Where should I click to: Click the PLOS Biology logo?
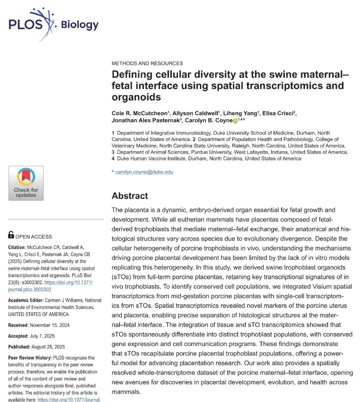click(53, 24)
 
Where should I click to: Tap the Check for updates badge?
click(26, 183)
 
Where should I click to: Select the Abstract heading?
click(130, 196)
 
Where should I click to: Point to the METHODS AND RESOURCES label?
click(147, 63)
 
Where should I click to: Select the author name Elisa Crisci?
click(278, 113)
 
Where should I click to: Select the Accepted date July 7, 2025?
click(45, 336)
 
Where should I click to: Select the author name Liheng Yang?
click(240, 113)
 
